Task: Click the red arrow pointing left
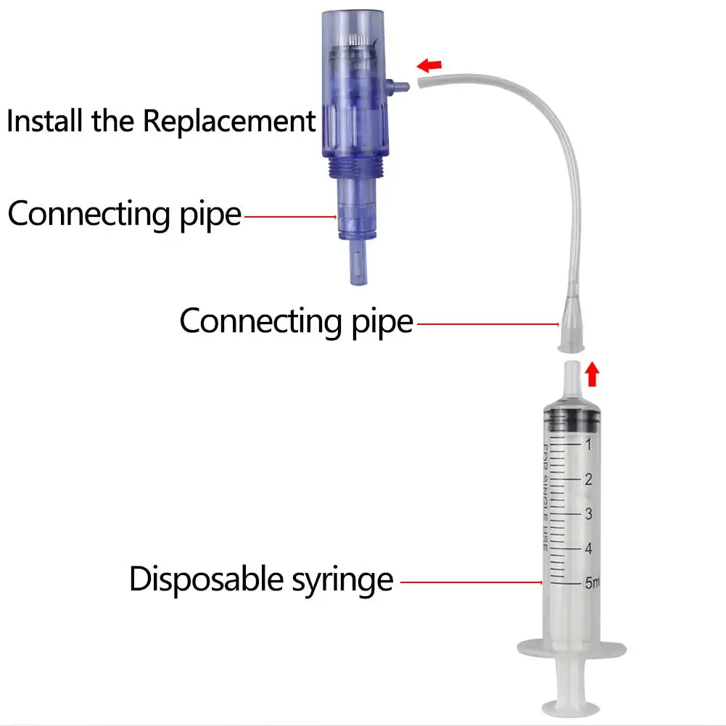tap(430, 66)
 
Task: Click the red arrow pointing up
tap(593, 374)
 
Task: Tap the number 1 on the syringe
tap(589, 443)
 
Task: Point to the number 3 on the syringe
tap(590, 514)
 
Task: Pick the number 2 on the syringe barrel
tap(589, 479)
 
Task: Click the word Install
tap(45, 120)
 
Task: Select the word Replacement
tap(229, 120)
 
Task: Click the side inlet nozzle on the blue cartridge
tap(400, 86)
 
